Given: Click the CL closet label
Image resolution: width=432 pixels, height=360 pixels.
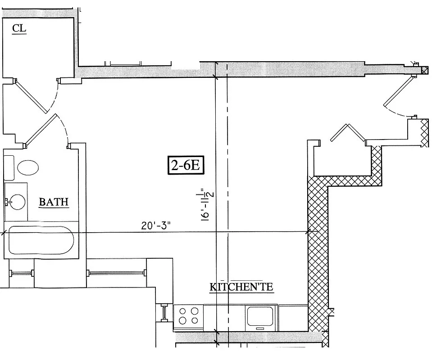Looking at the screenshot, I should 19,29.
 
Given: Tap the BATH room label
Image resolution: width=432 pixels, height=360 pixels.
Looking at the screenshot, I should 54,202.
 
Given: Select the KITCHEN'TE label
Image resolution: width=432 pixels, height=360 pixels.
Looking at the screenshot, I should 241,287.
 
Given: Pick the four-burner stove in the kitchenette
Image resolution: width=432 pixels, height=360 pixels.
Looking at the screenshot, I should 188,315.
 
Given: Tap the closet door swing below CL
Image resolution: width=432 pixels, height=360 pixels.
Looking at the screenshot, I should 32,96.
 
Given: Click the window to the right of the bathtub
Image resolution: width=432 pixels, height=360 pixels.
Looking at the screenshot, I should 115,273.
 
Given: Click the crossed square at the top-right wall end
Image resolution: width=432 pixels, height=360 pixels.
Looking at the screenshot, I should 425,70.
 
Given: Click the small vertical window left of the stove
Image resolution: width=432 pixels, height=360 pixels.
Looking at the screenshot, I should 164,313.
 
